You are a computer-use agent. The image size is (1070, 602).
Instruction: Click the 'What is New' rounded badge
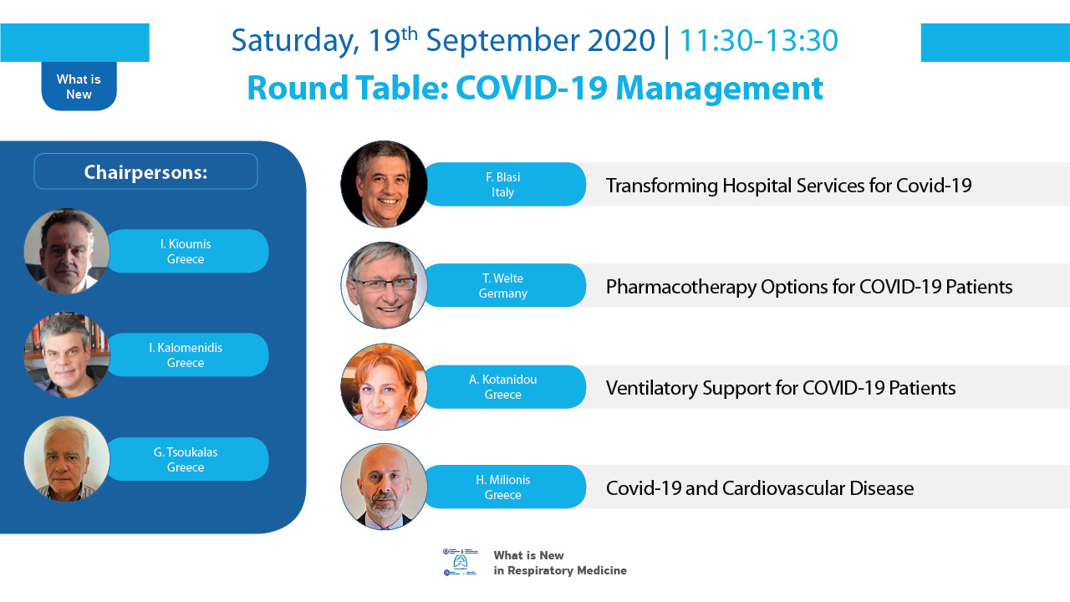pyautogui.click(x=79, y=86)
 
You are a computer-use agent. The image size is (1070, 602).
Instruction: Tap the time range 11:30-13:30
pyautogui.click(x=758, y=40)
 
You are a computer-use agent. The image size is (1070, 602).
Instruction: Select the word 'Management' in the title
pyautogui.click(x=720, y=89)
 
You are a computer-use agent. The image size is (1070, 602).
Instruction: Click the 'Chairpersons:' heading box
pyautogui.click(x=145, y=171)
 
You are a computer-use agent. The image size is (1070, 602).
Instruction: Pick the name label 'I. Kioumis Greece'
pyautogui.click(x=186, y=252)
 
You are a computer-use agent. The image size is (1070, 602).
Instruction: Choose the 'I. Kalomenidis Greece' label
pyautogui.click(x=186, y=355)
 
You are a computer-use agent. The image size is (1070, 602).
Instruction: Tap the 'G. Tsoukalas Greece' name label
pyautogui.click(x=186, y=459)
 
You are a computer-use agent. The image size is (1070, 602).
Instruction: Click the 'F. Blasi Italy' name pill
pyautogui.click(x=503, y=185)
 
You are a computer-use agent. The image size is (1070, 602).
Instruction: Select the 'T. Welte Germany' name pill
pyautogui.click(x=503, y=285)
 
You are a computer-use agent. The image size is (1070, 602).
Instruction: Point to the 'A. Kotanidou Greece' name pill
pyautogui.click(x=503, y=387)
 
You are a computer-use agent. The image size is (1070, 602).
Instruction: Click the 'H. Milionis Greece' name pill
pyautogui.click(x=503, y=487)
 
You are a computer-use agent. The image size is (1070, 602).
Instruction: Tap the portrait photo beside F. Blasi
pyautogui.click(x=384, y=184)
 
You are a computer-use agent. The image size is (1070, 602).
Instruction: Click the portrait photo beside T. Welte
pyautogui.click(x=384, y=285)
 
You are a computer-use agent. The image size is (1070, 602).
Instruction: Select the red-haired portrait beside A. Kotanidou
pyautogui.click(x=384, y=386)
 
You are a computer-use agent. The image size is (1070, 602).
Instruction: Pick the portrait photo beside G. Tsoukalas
pyautogui.click(x=67, y=459)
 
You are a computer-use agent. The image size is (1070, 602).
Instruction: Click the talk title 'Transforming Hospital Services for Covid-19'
pyautogui.click(x=788, y=186)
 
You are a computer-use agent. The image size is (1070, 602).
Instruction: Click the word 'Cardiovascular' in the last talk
pyautogui.click(x=783, y=488)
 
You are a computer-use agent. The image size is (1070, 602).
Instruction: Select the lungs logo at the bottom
pyautogui.click(x=460, y=562)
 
